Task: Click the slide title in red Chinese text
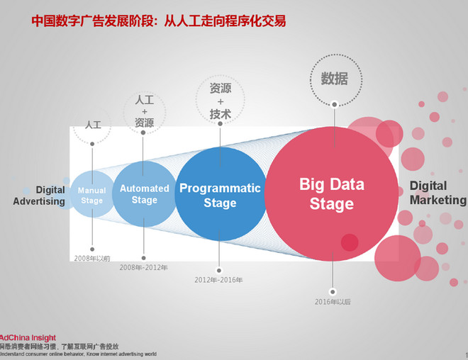point(159,21)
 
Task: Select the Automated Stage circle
point(144,193)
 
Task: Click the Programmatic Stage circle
point(220,195)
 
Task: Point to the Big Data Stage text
point(331,195)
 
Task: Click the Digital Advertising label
point(40,196)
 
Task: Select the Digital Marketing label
point(438,193)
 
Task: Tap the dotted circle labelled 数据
point(335,79)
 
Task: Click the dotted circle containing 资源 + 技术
point(221,101)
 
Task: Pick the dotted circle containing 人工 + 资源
point(144,111)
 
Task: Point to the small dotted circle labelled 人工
point(93,125)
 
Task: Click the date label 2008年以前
point(92,258)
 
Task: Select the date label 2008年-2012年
point(144,267)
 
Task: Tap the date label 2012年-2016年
point(218,280)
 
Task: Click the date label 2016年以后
point(333,302)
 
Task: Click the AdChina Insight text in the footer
point(28,338)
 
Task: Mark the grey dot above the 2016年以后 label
point(333,291)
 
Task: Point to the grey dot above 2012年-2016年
point(219,269)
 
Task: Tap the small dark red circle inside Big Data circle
point(350,242)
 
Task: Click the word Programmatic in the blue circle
point(220,189)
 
